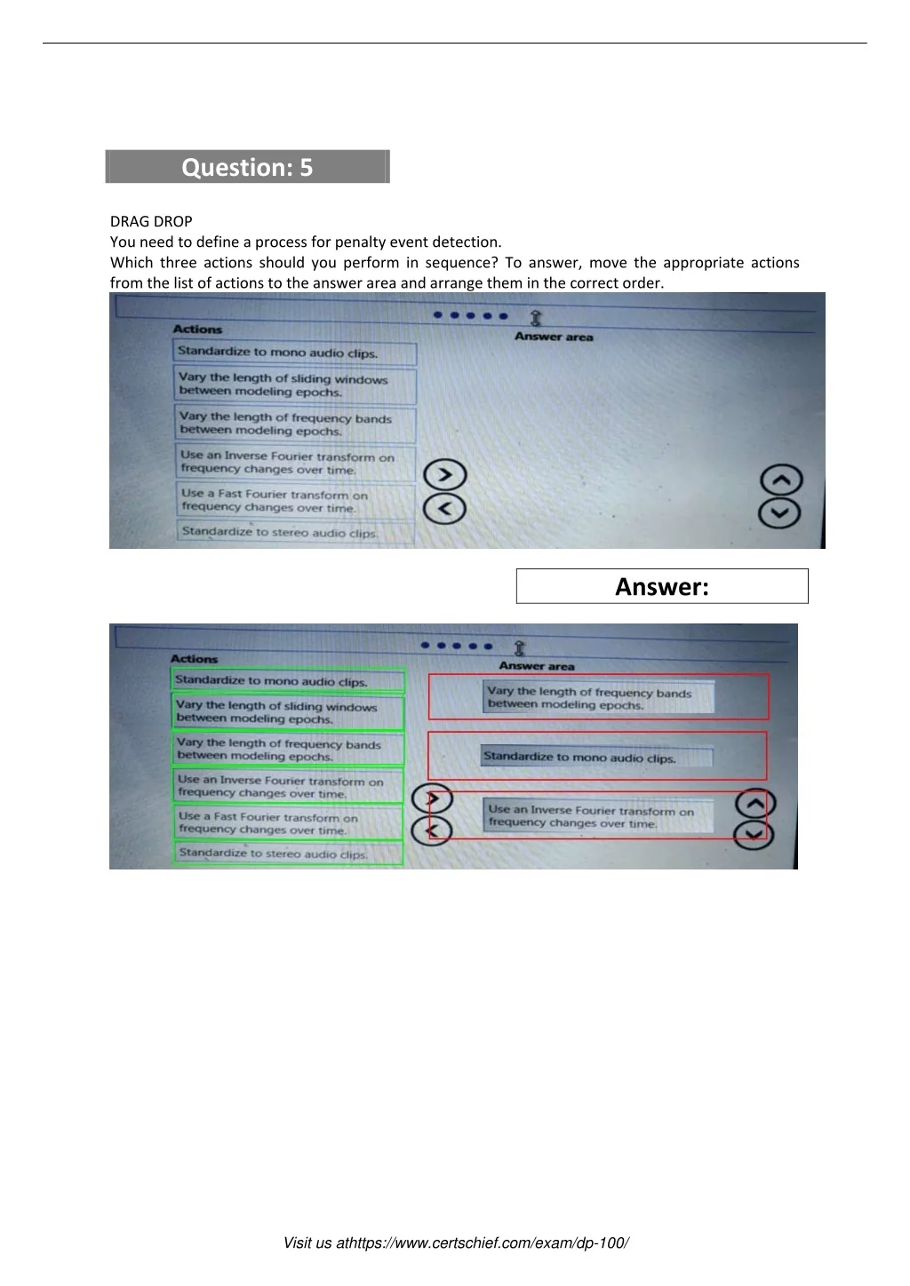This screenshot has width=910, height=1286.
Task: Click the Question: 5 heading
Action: [x=247, y=167]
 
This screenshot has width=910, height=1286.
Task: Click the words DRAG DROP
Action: [x=151, y=221]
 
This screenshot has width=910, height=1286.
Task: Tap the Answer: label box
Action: [x=662, y=586]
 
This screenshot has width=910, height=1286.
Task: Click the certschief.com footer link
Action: [x=456, y=1242]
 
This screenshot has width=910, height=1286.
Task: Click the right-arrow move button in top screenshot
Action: [x=445, y=475]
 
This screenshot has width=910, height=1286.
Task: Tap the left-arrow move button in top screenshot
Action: [x=445, y=508]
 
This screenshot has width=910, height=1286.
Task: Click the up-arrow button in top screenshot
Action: [x=781, y=480]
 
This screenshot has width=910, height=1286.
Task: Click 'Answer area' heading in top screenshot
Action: [x=554, y=337]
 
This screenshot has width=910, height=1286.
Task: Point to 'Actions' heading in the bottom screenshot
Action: [x=194, y=659]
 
